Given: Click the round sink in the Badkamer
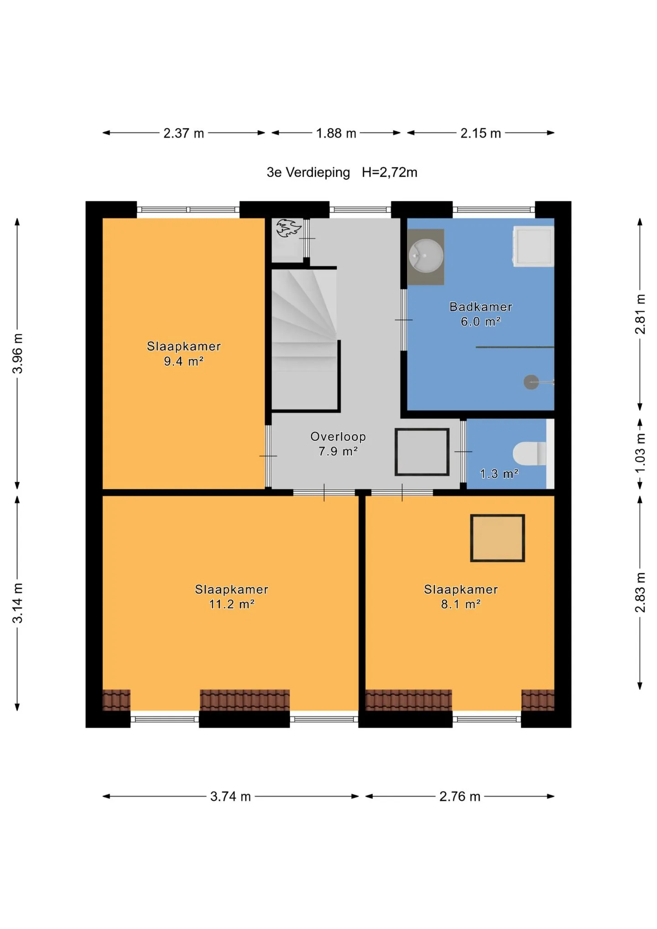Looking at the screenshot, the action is click(x=425, y=256).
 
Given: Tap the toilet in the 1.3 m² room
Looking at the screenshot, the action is click(x=529, y=453).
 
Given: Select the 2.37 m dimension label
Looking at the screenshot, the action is click(x=183, y=133).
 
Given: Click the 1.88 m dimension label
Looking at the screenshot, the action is click(x=336, y=133).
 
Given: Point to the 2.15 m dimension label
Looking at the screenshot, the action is click(x=480, y=133).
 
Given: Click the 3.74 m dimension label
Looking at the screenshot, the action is click(x=230, y=797).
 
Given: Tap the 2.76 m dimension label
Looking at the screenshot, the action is click(x=460, y=797).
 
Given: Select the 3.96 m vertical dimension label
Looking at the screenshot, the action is click(x=17, y=354).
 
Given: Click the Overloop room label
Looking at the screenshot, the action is click(x=338, y=437).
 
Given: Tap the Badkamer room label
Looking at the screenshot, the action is click(x=481, y=307).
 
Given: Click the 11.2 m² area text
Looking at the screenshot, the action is click(x=232, y=604).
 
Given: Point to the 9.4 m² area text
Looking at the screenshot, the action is click(x=183, y=361).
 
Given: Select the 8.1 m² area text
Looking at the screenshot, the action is click(x=461, y=604).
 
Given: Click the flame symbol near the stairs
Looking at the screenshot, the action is click(x=288, y=228).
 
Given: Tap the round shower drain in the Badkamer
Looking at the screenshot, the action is click(x=531, y=382).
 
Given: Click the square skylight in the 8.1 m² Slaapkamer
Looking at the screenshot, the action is click(x=497, y=538).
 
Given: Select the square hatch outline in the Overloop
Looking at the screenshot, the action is click(x=422, y=429).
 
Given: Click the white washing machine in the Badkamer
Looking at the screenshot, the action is click(x=533, y=246).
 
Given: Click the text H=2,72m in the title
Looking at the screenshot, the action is click(x=390, y=172).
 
